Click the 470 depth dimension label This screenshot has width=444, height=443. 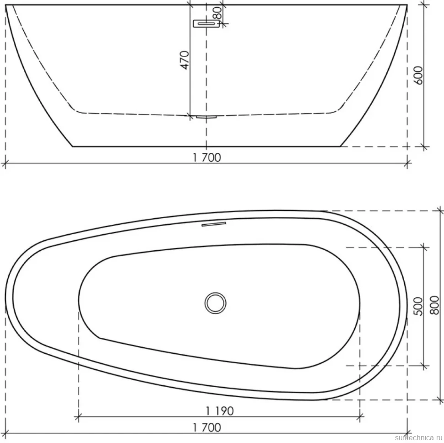(184, 60)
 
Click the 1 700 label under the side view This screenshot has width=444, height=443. (207, 157)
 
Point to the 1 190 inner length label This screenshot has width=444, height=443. (220, 411)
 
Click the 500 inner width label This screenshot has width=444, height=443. (418, 306)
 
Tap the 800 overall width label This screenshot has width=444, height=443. (435, 305)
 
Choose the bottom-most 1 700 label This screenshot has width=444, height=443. (207, 427)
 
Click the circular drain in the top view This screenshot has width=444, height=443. (216, 303)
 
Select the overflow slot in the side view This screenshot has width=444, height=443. (206, 24)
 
